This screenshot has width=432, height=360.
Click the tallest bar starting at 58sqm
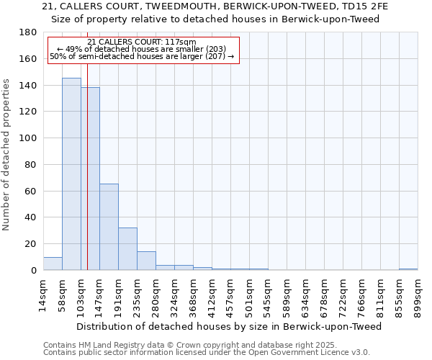71,174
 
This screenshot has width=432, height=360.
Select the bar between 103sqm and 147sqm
90,179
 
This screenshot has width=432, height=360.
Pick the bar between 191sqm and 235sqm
127,249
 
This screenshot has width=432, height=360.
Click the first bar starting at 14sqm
53,264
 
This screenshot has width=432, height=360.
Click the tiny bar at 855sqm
408,269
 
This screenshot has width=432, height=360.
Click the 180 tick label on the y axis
28,32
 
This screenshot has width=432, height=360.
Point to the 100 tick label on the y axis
28,138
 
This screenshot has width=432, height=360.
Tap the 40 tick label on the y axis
31,217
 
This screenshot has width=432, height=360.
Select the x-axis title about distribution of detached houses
229,326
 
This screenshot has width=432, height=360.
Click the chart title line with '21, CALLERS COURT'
215,6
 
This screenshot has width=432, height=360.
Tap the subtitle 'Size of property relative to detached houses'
215,19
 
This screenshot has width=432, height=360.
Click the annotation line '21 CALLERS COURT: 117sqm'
141,42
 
